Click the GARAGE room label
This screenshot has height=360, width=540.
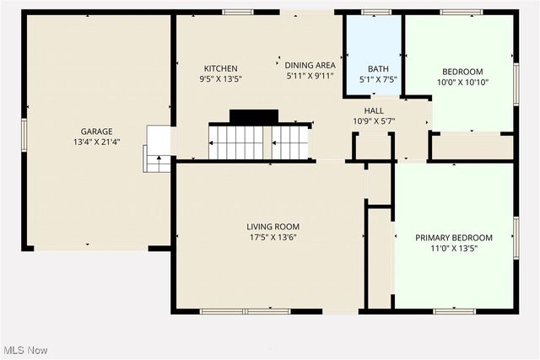(97, 132)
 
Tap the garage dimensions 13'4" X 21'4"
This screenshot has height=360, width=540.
(97, 143)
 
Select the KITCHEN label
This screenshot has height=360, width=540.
(220, 68)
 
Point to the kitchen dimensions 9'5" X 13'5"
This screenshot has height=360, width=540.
(220, 80)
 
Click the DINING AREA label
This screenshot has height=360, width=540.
(310, 65)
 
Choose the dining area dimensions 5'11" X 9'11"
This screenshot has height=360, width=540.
(310, 77)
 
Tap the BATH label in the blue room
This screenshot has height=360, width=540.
(376, 68)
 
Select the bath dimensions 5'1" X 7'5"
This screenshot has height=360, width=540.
(376, 80)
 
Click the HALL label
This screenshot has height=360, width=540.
(374, 110)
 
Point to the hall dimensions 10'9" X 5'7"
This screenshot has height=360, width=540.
(374, 121)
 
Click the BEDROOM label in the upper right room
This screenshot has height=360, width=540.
(462, 71)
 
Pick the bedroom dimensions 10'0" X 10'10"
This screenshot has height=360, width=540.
(462, 83)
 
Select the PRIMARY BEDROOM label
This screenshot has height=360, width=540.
(454, 238)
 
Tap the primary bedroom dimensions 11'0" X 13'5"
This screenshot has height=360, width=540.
(454, 250)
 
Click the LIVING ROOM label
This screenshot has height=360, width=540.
(273, 227)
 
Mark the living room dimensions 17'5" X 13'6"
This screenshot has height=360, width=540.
(273, 239)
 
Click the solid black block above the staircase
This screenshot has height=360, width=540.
(253, 116)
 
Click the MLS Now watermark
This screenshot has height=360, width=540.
(24, 350)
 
